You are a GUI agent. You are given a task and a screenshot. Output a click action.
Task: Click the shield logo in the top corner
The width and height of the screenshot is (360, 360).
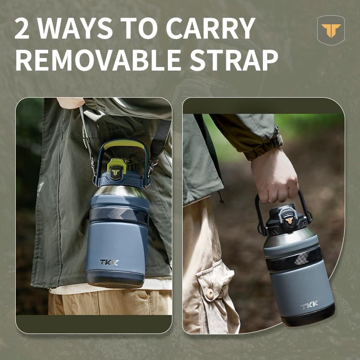click(x=331, y=30)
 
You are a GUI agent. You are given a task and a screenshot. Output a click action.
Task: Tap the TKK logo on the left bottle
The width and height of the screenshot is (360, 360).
click(x=109, y=262)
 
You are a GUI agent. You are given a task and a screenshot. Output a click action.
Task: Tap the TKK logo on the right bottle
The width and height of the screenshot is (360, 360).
click(x=310, y=305)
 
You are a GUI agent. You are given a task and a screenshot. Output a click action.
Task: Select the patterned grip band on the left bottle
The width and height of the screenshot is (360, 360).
click(x=118, y=215)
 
